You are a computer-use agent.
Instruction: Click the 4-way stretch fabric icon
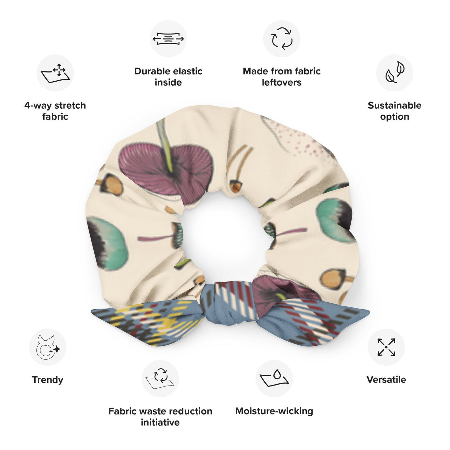55,73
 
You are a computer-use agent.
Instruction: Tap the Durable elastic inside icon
168,39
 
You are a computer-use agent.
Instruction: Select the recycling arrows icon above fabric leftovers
282,39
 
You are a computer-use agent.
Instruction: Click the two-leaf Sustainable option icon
395,72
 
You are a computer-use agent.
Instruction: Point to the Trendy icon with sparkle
48,347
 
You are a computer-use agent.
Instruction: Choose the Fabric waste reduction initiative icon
160,379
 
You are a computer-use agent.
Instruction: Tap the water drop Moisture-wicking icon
274,378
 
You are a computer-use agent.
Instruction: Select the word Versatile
386,380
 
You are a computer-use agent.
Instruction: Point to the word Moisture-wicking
274,411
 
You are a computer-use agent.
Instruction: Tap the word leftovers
282,83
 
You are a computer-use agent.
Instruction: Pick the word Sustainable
395,105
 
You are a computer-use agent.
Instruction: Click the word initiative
160,423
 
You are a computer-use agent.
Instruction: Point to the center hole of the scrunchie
224,236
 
